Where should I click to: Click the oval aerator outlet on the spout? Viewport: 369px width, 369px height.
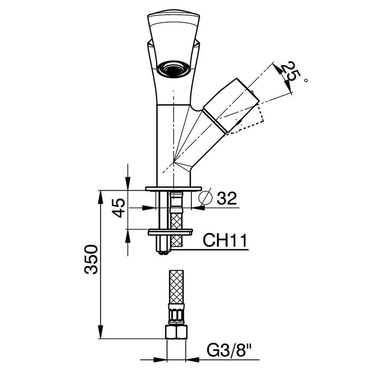[x=173, y=69]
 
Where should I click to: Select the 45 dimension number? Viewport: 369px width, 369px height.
[x=119, y=208]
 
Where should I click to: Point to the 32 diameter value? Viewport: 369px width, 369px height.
[x=227, y=198]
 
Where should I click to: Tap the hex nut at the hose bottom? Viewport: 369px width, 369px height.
[x=176, y=332]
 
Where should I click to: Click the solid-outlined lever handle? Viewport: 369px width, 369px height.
[x=230, y=105]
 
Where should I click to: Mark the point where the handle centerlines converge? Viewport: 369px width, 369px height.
[x=174, y=162]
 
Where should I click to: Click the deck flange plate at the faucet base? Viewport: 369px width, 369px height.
[x=174, y=188]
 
